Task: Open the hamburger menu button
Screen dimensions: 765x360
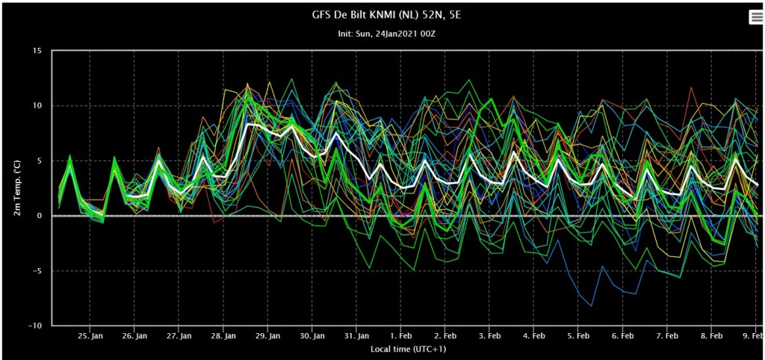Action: pos(756,16)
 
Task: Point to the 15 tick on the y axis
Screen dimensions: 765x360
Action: pos(39,50)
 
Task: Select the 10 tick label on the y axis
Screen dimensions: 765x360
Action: pos(39,105)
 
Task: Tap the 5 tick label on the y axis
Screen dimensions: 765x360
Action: pos(41,161)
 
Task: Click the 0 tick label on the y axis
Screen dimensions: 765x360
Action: pos(41,216)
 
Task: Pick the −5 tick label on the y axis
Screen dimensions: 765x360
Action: pos(39,270)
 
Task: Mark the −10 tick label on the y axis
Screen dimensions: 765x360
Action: pos(36,326)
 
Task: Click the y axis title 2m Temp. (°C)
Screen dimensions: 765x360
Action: pos(18,187)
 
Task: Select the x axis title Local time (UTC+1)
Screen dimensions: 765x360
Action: pos(408,349)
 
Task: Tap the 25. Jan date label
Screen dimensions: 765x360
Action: pos(90,336)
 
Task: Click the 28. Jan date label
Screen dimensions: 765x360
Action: pos(223,336)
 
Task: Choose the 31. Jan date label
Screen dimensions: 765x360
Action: pos(356,336)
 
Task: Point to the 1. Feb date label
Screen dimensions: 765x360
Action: pos(400,336)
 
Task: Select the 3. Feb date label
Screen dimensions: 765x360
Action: pos(489,336)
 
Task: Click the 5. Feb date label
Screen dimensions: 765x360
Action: pos(578,336)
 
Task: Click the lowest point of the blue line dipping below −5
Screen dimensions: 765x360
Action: pos(592,306)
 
